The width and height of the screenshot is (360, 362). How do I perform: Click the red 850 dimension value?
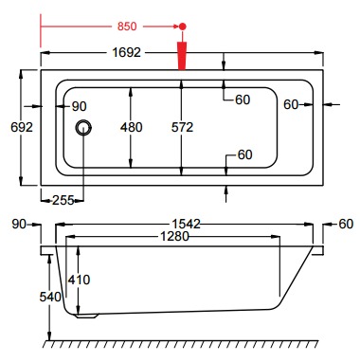[x=127, y=27]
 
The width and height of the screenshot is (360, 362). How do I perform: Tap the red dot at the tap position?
[x=182, y=27]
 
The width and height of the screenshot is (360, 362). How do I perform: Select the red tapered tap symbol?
[x=182, y=56]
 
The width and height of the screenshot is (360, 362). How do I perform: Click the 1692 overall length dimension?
[x=126, y=52]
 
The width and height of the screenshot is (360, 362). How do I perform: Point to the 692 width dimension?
[x=22, y=127]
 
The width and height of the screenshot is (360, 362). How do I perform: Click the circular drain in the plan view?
[x=83, y=128]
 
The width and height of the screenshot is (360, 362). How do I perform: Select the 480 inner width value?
[x=132, y=127]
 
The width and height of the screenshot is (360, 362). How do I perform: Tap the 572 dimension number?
[x=182, y=127]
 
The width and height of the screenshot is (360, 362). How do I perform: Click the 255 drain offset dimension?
[x=63, y=200]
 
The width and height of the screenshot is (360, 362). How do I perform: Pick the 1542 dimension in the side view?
[x=187, y=224]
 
